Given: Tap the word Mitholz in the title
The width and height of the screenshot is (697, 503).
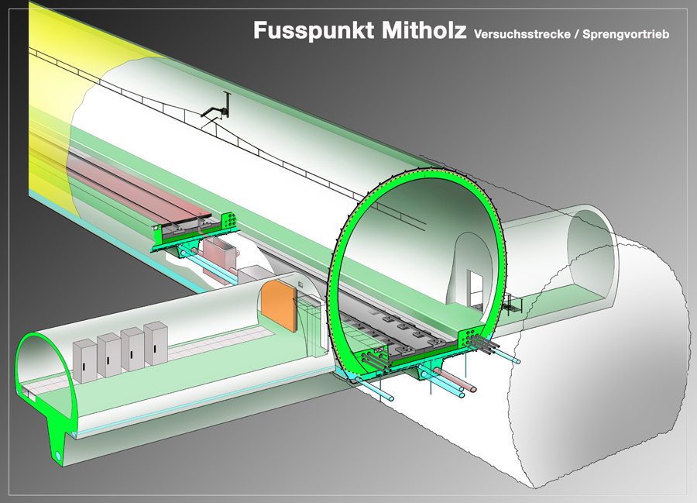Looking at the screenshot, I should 424,31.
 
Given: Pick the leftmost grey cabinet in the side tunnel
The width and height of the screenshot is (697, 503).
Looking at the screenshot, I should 84,361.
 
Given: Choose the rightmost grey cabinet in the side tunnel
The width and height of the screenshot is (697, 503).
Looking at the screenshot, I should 155,343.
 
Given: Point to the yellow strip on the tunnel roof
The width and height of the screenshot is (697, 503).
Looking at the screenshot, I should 54,70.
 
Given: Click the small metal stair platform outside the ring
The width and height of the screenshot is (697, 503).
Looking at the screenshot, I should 509,304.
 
